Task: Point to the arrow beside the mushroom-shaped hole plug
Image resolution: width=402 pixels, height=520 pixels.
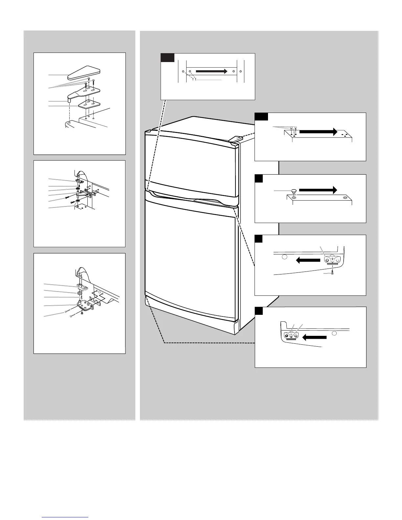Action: (x=318, y=190)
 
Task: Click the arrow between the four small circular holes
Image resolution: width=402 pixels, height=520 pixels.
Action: (x=212, y=71)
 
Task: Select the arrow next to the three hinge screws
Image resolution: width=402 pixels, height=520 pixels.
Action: (x=318, y=132)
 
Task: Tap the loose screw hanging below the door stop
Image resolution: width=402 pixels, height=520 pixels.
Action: (x=332, y=273)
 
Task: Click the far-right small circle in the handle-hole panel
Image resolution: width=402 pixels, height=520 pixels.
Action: (x=241, y=71)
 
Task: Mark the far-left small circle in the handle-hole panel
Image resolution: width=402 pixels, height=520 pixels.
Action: (x=183, y=71)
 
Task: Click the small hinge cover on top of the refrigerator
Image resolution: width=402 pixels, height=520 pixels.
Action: (x=235, y=139)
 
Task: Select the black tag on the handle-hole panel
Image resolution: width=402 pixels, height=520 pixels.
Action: (x=167, y=58)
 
